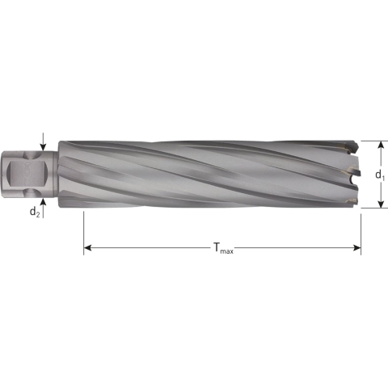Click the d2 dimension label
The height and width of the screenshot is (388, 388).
[35, 212]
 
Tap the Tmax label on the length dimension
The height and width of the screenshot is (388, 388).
[223, 250]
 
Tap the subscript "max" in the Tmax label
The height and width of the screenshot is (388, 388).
[228, 252]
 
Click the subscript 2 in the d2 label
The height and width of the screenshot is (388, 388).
[38, 214]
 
